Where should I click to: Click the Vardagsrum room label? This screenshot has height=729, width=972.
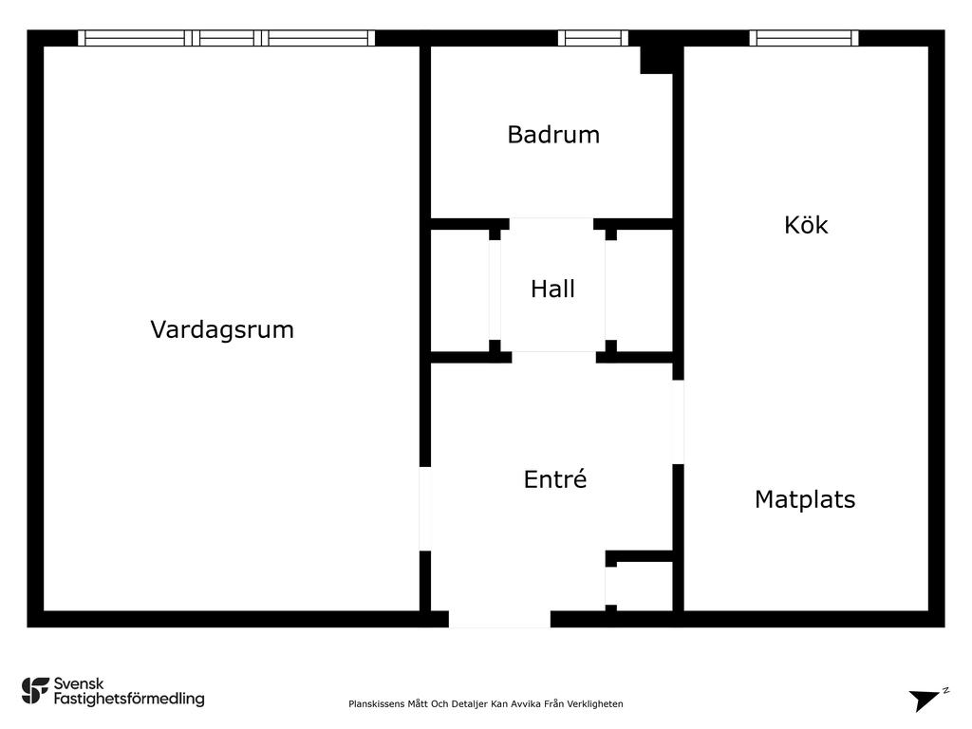222,329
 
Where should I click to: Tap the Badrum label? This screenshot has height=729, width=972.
553,135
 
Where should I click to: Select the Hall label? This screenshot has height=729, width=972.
553,289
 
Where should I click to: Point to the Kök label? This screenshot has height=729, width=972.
806,224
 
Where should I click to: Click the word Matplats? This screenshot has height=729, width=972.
805,499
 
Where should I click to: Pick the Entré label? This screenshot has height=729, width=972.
554,479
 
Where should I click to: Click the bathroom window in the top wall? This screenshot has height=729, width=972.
593,38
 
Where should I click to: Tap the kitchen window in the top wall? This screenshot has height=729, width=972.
804,38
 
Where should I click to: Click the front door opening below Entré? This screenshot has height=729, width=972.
499,619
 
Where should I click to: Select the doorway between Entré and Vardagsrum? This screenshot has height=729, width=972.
425,509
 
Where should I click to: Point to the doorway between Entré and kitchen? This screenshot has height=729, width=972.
678,421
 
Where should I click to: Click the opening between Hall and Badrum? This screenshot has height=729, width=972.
551,224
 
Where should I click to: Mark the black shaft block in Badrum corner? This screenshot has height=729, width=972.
657,60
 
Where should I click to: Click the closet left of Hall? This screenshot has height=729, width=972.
460,290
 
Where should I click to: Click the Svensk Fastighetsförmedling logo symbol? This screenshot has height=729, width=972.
35,691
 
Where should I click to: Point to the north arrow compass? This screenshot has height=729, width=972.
926,700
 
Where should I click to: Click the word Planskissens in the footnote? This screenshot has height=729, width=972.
376,704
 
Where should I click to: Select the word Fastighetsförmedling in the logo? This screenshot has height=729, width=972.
129,699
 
